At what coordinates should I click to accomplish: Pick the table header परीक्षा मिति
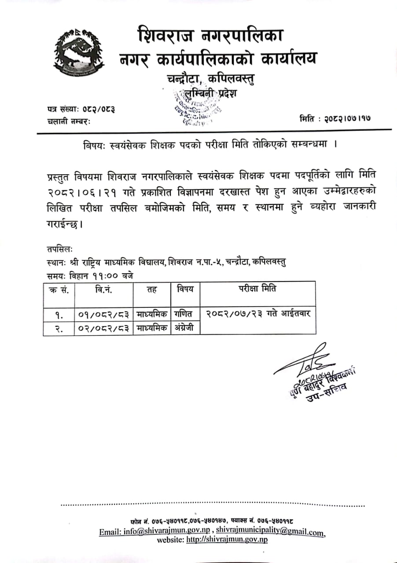(x=258, y=289)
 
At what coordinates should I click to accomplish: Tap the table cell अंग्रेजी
(x=185, y=328)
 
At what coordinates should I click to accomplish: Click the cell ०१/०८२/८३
(x=103, y=314)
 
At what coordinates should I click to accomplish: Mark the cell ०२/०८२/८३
(x=103, y=329)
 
